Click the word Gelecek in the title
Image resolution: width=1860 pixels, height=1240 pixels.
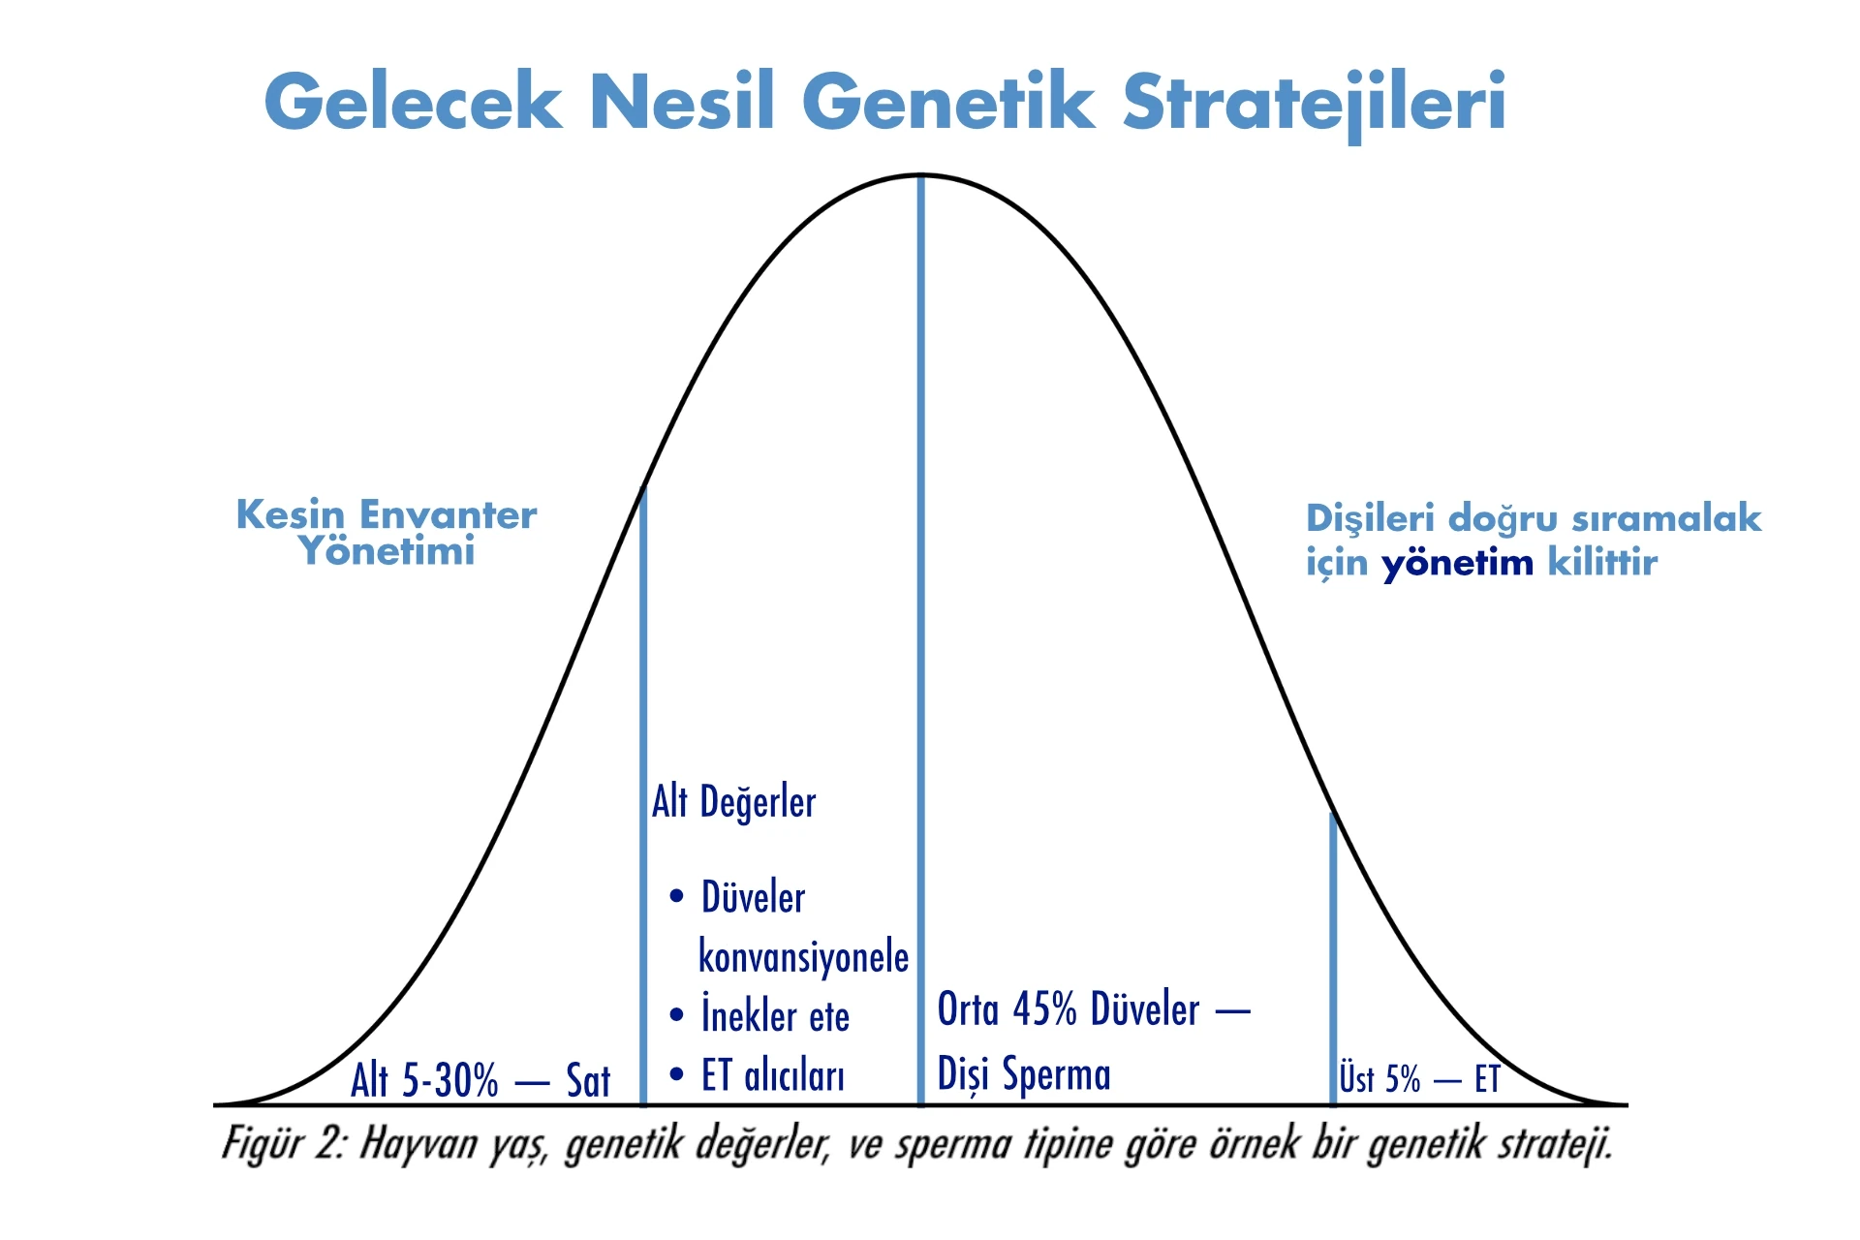click(x=413, y=101)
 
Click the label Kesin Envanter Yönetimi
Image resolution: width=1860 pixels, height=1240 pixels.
click(x=387, y=532)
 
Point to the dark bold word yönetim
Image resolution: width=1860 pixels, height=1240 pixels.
click(x=1457, y=564)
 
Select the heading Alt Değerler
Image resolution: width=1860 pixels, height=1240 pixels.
click(x=733, y=802)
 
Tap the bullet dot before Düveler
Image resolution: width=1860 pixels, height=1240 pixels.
click(x=677, y=896)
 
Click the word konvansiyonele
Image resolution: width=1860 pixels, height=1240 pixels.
click(x=804, y=956)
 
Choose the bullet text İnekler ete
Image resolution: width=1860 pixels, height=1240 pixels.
click(x=775, y=1014)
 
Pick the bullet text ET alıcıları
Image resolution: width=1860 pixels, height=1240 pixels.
click(x=773, y=1075)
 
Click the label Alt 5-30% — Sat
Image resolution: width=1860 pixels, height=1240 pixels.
click(x=480, y=1080)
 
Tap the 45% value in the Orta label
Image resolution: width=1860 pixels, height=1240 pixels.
click(x=1045, y=1009)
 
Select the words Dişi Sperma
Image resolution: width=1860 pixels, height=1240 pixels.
click(x=1024, y=1073)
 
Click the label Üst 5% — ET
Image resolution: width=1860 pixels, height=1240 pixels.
click(x=1419, y=1078)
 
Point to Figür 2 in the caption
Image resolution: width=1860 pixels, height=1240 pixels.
click(x=283, y=1144)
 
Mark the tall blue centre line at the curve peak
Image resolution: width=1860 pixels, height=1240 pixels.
click(x=920, y=640)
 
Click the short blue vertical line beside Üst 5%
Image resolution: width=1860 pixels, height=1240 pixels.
click(x=1333, y=959)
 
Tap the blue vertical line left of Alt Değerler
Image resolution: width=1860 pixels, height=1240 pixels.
click(x=643, y=795)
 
